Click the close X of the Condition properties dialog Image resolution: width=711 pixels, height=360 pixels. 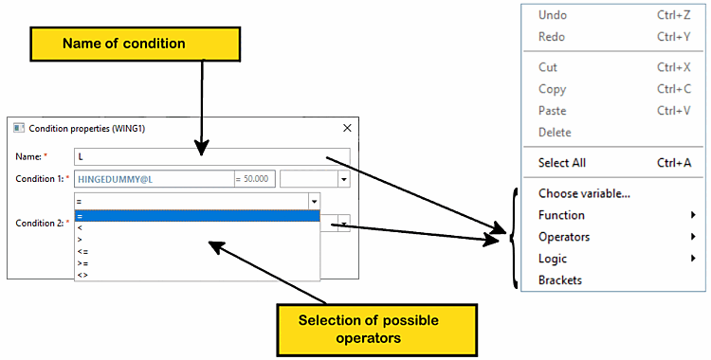347,128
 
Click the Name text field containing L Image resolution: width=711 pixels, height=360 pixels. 212,157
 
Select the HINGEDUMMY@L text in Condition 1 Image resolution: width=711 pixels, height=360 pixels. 115,179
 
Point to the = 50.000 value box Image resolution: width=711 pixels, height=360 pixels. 255,179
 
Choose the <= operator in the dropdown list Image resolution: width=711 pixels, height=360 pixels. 83,252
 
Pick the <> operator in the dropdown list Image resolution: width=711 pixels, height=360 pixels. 83,275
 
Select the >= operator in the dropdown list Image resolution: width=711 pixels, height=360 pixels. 83,263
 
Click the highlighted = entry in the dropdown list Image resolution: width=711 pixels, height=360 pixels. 197,216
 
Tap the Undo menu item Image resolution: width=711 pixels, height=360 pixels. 553,15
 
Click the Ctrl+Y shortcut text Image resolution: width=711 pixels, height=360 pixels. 674,37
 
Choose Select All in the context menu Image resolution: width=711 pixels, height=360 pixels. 562,163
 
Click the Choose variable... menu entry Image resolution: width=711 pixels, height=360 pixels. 584,193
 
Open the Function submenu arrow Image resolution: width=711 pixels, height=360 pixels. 693,215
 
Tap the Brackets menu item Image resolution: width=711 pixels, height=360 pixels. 560,280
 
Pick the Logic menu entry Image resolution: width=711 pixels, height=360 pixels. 553,259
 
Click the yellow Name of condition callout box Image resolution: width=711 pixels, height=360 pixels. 136,44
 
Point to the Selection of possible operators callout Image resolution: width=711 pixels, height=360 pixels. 376,330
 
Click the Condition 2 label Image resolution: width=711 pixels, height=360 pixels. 42,223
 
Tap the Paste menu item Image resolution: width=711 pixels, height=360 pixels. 552,111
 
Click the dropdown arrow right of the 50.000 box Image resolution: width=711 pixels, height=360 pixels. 344,179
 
